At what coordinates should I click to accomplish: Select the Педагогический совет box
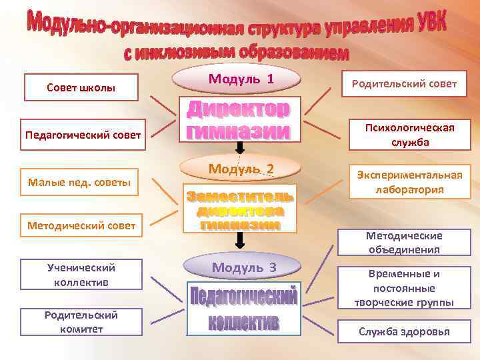coord(83,135)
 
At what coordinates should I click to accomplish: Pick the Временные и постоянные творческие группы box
coord(404,288)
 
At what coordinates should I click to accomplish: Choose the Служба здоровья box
coord(404,331)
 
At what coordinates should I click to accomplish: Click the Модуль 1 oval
coord(241,79)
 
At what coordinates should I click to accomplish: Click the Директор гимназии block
coord(238,121)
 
